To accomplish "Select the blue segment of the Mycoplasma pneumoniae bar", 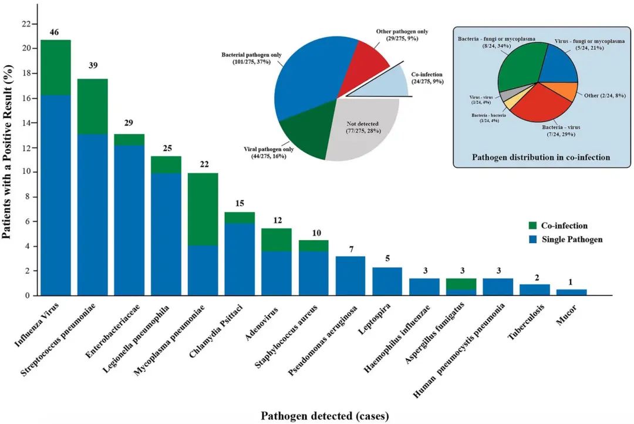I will click(x=203, y=270).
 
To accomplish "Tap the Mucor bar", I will click(x=571, y=292).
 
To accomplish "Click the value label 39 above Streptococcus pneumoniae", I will click(x=93, y=66).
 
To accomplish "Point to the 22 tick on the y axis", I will click(x=26, y=24).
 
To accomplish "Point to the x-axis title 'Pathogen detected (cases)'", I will click(x=325, y=416).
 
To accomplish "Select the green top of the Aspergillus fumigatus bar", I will click(x=460, y=284).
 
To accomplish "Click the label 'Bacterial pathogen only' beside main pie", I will click(x=251, y=55).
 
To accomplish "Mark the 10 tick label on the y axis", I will click(x=26, y=172).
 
